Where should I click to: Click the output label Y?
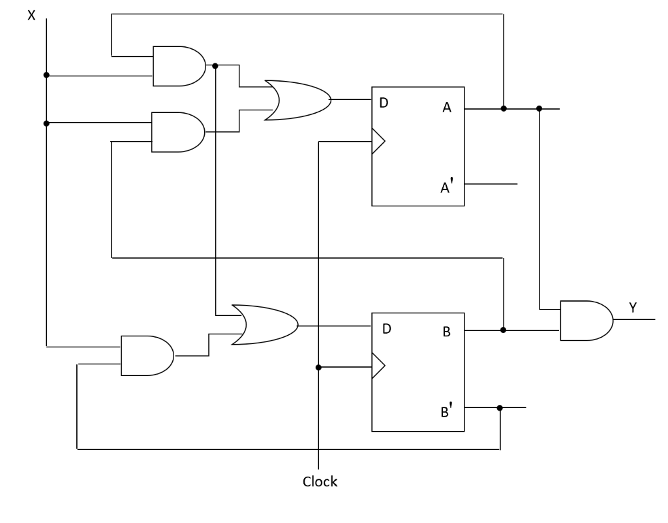[633, 306]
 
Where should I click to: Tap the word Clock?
[320, 482]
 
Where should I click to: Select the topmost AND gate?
[177, 66]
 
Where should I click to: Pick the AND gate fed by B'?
[146, 356]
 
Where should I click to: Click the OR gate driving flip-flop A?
[296, 100]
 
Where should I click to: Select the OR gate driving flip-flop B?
[264, 324]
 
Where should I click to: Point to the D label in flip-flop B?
[386, 328]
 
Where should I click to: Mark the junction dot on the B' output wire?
[500, 408]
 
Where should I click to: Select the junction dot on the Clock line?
[318, 367]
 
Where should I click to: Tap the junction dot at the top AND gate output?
[215, 65]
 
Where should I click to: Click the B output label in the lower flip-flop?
[447, 332]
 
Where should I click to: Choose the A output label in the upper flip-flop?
[447, 108]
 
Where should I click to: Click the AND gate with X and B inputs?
[177, 132]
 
